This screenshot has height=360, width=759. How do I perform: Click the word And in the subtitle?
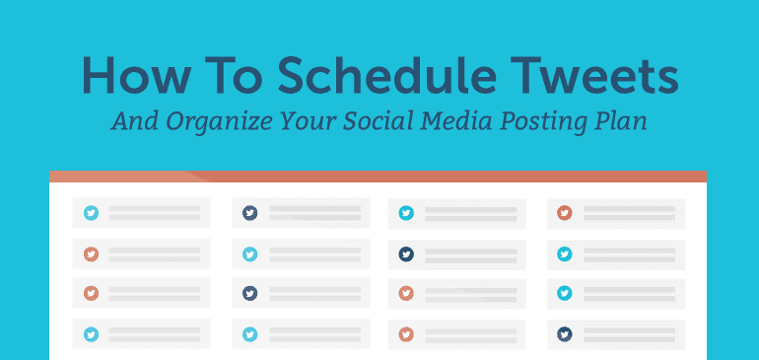point(133,122)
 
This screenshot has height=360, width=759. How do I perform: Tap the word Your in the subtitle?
point(306,122)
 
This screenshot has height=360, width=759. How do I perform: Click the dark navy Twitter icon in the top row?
point(250,212)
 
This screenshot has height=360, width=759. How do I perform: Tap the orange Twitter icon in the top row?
point(565,212)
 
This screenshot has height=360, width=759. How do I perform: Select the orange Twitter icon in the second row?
point(92,253)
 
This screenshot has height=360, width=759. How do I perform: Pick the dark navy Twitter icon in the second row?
point(406,253)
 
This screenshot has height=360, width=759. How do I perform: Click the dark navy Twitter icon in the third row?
point(250,293)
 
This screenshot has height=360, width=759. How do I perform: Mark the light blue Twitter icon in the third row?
point(565,293)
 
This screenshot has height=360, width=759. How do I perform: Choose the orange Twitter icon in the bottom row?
point(406,334)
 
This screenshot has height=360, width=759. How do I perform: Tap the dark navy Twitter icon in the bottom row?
point(565,334)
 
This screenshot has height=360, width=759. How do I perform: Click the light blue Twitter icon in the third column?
point(406,212)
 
